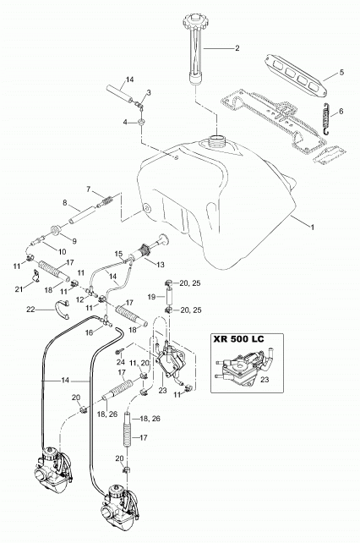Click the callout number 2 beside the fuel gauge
tap(237, 48)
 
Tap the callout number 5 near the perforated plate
tap(341, 73)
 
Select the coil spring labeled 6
tap(325, 119)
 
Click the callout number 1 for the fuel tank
tap(312, 228)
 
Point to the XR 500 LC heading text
tap(238, 338)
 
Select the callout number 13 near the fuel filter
tap(161, 265)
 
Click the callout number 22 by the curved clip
tap(30, 310)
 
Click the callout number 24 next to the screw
tap(121, 362)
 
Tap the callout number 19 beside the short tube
tap(151, 296)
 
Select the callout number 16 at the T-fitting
tap(90, 332)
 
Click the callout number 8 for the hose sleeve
tap(65, 203)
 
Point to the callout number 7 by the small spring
tap(88, 189)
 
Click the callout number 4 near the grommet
tap(126, 122)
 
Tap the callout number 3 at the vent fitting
tap(149, 92)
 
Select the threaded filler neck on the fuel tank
tap(217, 140)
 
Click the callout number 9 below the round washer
tap(74, 240)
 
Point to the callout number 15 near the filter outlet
tap(118, 254)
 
